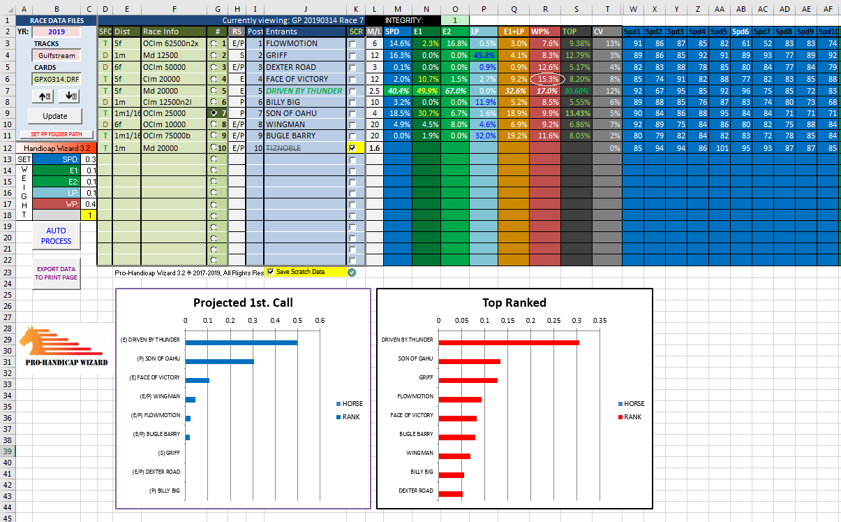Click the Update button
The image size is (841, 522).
(x=55, y=116)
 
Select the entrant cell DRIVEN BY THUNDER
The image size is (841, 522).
(x=304, y=91)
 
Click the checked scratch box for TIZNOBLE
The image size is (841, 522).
(x=352, y=147)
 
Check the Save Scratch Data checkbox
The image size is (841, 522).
(x=270, y=272)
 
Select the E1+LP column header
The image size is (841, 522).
(x=514, y=32)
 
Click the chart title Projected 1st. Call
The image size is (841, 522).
(x=243, y=303)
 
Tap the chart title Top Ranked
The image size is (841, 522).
(x=514, y=303)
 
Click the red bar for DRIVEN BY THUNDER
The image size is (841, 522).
(x=509, y=342)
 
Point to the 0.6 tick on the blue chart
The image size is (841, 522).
(x=320, y=321)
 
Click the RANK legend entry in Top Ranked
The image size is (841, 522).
(x=630, y=417)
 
